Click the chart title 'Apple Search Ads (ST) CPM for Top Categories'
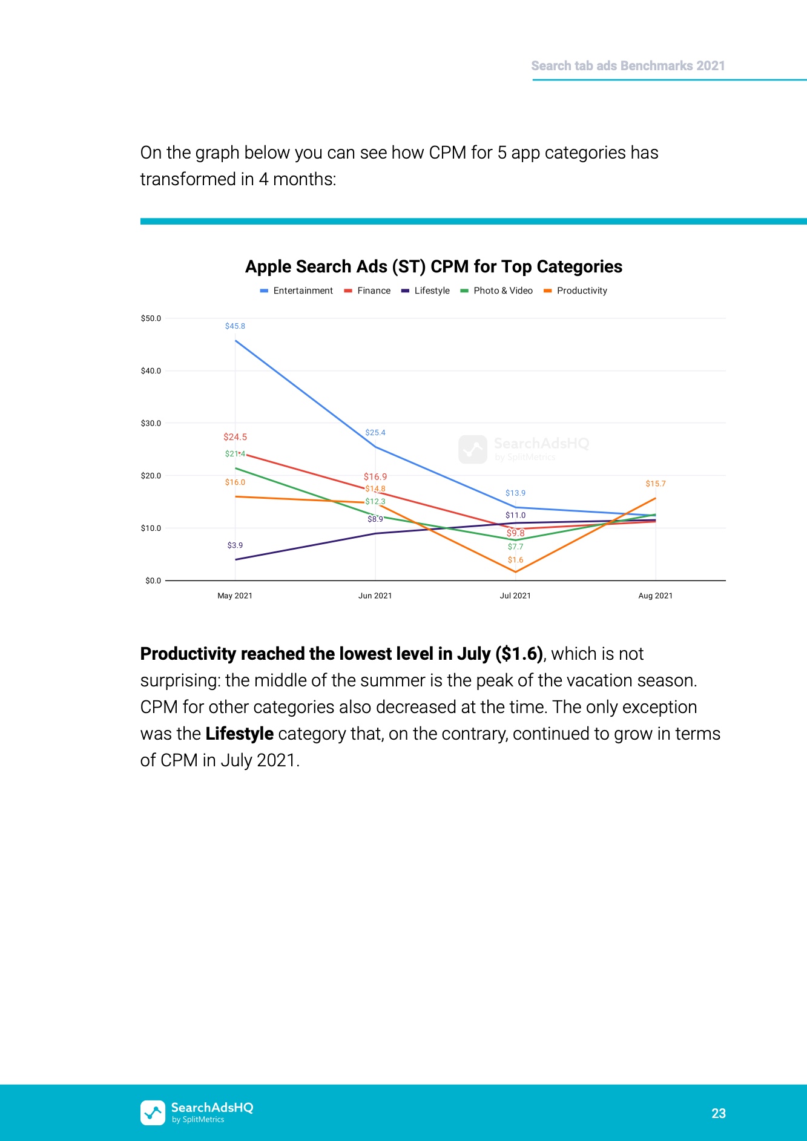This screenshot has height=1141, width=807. click(433, 266)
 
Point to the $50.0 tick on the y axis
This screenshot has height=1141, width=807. click(151, 318)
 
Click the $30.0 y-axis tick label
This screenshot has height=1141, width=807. click(151, 423)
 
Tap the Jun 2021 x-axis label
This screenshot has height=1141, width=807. click(375, 596)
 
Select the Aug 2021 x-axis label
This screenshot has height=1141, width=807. click(655, 596)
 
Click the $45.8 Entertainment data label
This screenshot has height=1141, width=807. click(235, 326)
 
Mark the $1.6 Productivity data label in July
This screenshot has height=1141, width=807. click(515, 560)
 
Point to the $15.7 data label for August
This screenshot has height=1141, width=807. click(655, 484)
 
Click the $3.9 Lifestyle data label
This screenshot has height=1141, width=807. click(235, 545)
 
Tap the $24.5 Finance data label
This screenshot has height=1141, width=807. click(235, 437)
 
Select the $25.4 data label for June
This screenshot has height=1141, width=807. click(375, 433)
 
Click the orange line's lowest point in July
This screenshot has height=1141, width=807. click(515, 571)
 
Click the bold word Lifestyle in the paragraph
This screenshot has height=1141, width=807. click(239, 734)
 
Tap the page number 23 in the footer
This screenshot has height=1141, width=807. click(718, 1113)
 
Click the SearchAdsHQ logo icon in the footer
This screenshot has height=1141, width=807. click(153, 1113)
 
